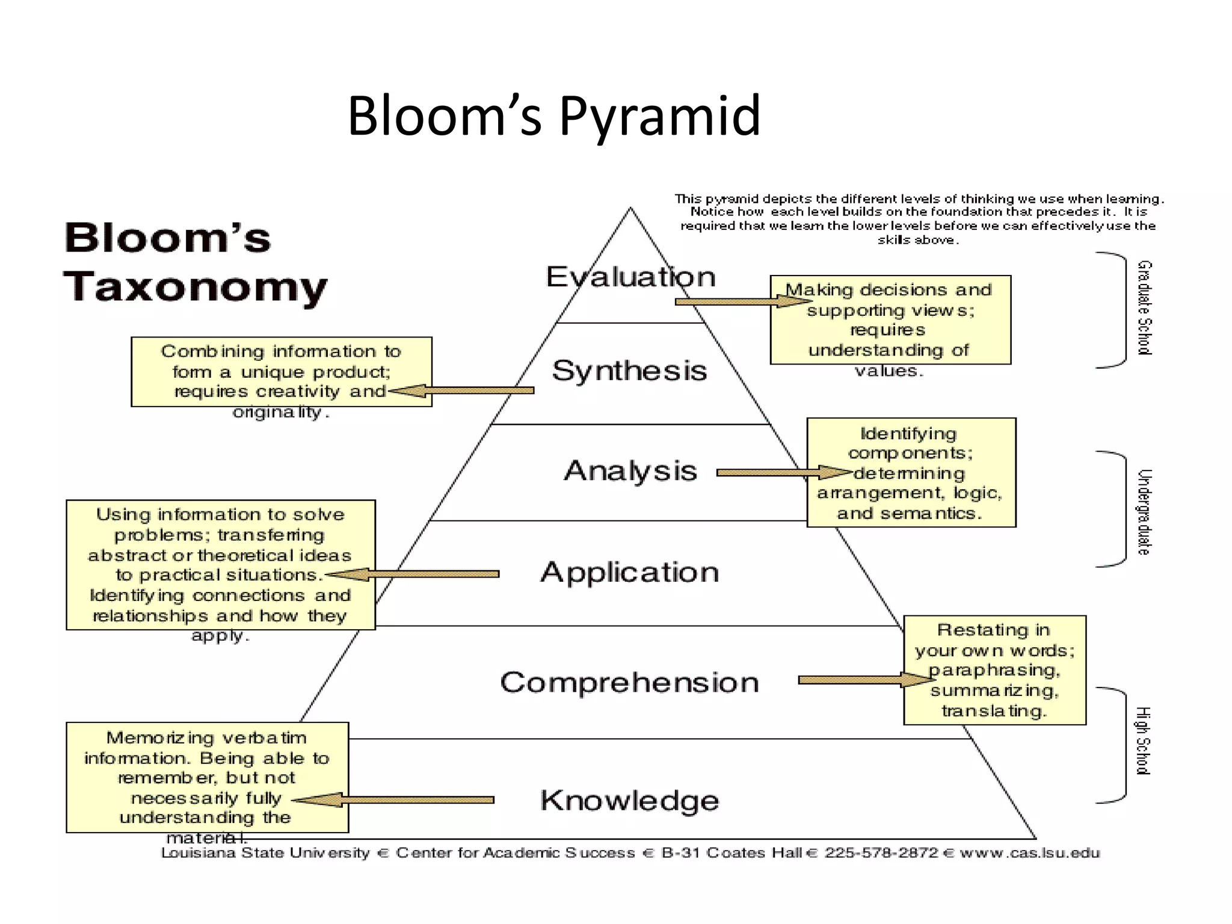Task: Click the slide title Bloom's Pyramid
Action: (x=554, y=115)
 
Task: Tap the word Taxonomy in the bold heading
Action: (x=196, y=286)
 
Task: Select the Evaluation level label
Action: (x=630, y=277)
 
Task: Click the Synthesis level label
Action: (x=629, y=371)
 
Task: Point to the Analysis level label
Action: (x=630, y=470)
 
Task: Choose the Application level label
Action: (x=629, y=572)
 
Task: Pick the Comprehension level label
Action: (x=629, y=683)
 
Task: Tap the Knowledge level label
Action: (x=629, y=801)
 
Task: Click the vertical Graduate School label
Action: (x=1144, y=308)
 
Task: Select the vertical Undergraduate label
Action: (x=1144, y=512)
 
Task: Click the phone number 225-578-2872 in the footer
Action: (x=881, y=853)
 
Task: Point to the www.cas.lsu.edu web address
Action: (x=1030, y=853)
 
